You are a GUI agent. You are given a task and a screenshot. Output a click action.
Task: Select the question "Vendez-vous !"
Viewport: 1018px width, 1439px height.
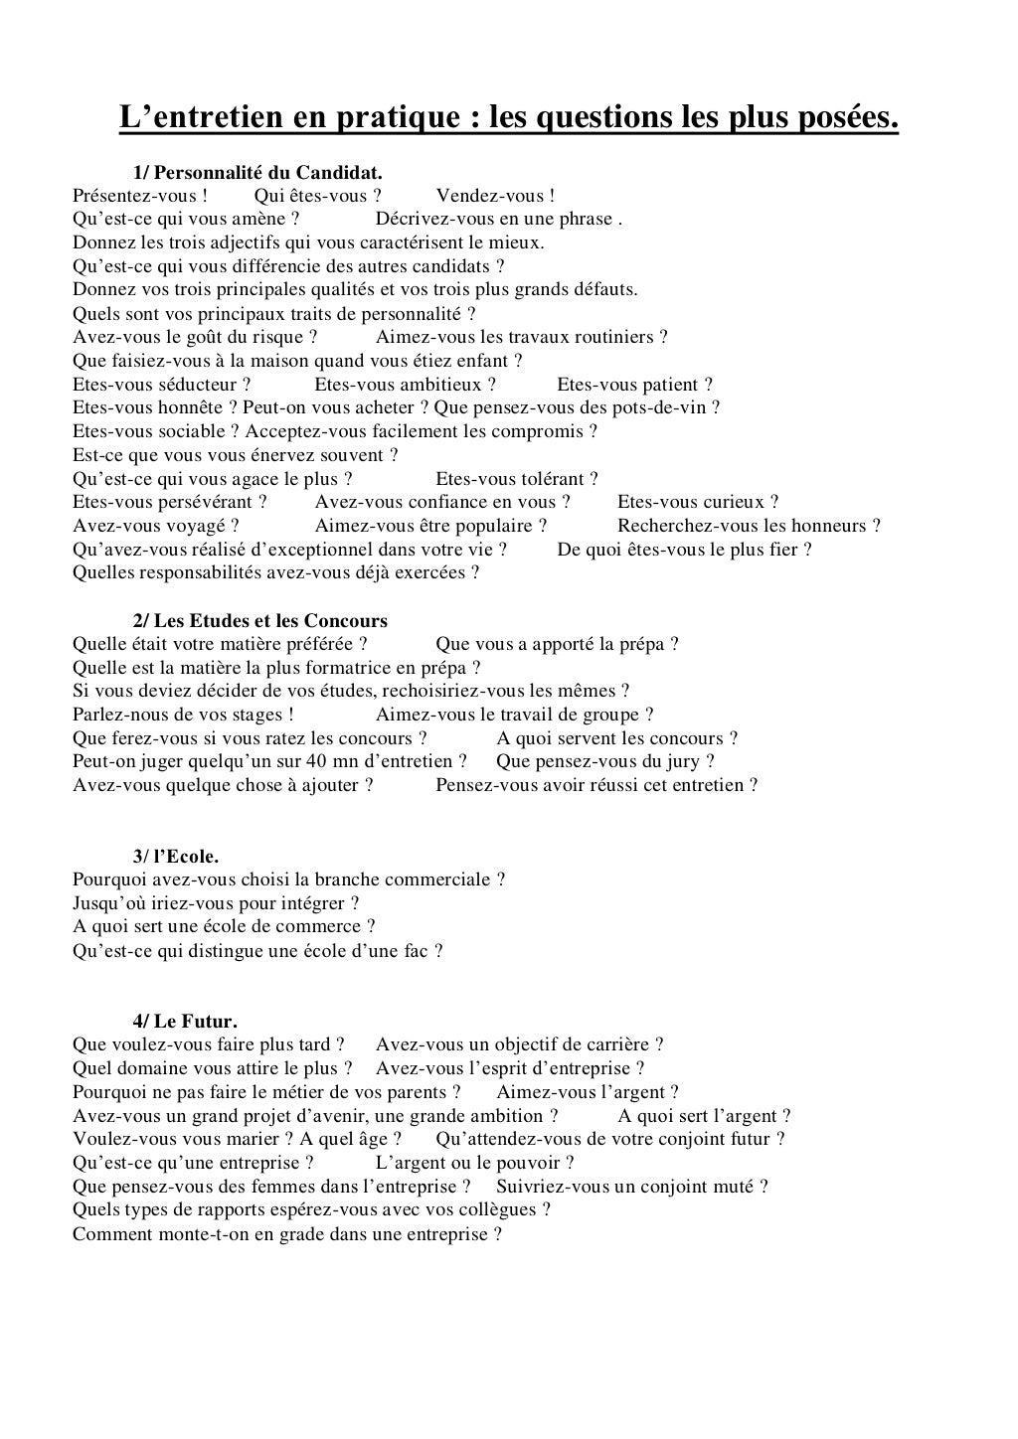point(495,196)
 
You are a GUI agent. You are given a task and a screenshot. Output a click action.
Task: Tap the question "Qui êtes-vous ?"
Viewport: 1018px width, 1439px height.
point(318,196)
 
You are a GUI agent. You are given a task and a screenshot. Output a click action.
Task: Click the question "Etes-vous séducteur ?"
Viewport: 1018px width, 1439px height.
point(161,385)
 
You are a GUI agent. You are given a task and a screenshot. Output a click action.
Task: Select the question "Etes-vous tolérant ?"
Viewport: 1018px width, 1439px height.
point(517,479)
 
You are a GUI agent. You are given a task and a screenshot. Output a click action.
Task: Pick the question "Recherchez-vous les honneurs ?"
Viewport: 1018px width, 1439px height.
point(749,526)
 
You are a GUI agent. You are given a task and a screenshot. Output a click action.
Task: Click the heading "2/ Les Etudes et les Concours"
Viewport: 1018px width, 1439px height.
point(260,621)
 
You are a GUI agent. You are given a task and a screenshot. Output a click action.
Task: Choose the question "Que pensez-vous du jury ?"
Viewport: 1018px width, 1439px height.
point(604,761)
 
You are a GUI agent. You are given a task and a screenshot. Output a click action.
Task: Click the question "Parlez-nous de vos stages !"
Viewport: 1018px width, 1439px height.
point(183,715)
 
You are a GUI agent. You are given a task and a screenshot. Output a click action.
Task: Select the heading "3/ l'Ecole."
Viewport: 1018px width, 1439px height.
point(175,856)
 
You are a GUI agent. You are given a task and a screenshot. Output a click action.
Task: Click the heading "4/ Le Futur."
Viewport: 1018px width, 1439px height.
point(185,1021)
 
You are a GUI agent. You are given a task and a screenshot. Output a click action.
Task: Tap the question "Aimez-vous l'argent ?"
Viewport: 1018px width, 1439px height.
point(587,1092)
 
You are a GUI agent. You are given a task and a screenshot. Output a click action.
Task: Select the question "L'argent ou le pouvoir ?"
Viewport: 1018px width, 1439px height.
point(474,1163)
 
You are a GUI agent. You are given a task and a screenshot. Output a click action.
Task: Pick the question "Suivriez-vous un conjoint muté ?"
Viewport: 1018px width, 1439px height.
point(631,1187)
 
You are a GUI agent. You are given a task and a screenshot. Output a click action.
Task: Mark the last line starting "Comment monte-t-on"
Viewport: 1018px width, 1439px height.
point(286,1234)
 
